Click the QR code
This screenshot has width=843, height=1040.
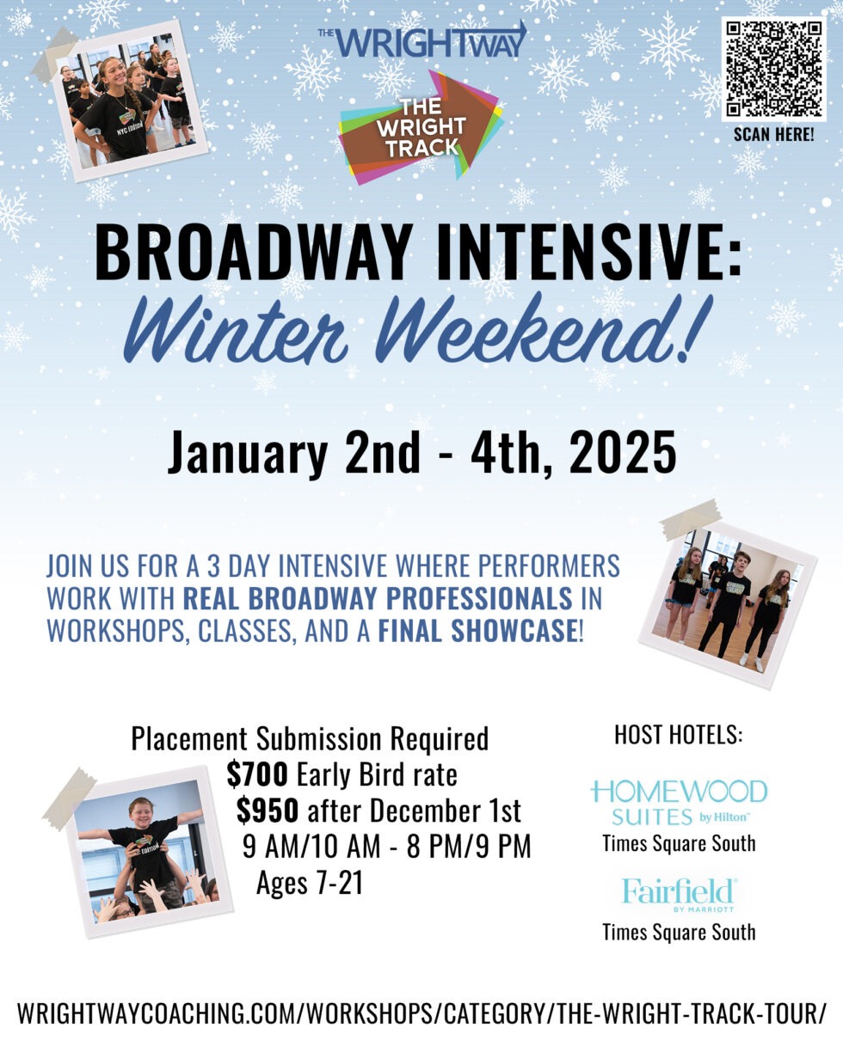(x=773, y=69)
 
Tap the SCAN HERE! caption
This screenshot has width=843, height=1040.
(x=773, y=135)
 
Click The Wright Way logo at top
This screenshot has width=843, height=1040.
(x=421, y=41)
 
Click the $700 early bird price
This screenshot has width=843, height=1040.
(x=257, y=775)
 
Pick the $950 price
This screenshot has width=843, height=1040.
(x=268, y=811)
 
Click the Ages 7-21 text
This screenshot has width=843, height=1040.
(x=310, y=883)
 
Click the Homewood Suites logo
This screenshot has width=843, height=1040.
(x=679, y=801)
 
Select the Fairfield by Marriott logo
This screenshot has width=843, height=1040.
(x=679, y=895)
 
